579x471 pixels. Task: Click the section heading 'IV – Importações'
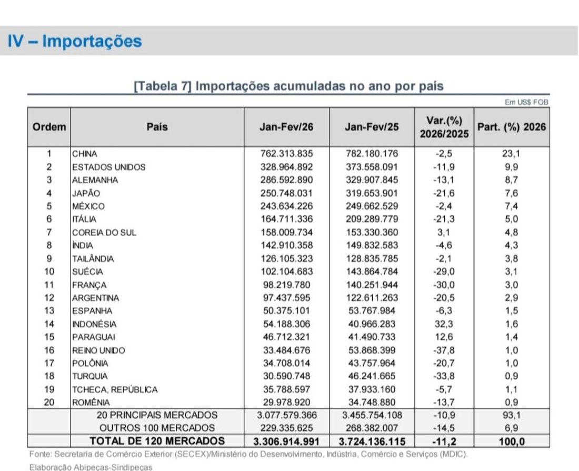pos(75,41)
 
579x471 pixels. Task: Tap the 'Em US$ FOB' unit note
pos(526,103)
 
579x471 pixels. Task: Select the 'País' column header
pos(157,127)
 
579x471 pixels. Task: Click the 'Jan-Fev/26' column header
pos(286,127)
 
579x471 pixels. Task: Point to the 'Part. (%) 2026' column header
pos(511,127)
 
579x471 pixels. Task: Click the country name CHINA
pos(85,154)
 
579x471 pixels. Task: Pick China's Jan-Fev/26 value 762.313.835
pos(286,154)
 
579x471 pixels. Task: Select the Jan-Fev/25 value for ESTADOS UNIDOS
pos(372,167)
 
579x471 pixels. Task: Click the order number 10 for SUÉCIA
pos(48,272)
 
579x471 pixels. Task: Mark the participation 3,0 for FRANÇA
pos(511,285)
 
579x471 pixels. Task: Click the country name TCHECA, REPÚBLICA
pos(115,390)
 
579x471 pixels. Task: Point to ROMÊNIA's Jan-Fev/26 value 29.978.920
pos(286,403)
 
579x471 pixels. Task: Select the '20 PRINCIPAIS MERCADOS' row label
pos(157,415)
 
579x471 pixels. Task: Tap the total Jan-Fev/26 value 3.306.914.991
pos(286,441)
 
